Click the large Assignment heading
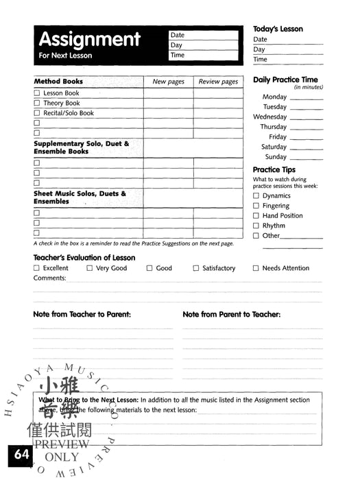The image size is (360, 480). [x=89, y=39]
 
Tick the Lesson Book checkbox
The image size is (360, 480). [x=37, y=93]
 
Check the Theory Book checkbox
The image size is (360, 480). [x=37, y=104]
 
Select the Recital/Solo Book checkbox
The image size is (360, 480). [x=37, y=113]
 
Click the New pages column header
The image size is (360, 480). [x=168, y=82]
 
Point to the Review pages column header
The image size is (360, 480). [x=218, y=82]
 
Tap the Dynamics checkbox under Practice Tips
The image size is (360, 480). [x=256, y=196]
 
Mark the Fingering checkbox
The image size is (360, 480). [x=256, y=206]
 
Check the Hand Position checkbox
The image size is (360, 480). [x=256, y=216]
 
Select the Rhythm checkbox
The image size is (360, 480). [x=256, y=226]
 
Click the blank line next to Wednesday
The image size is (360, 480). [x=306, y=118]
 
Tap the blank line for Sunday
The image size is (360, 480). [x=306, y=158]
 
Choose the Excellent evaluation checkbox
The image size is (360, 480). [x=37, y=269]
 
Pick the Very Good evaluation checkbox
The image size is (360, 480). [x=90, y=269]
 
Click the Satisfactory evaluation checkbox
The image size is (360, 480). [x=196, y=269]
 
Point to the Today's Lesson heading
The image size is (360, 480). [x=278, y=29]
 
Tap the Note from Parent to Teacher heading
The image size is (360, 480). [x=231, y=315]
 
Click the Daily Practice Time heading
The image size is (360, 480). [x=285, y=80]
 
